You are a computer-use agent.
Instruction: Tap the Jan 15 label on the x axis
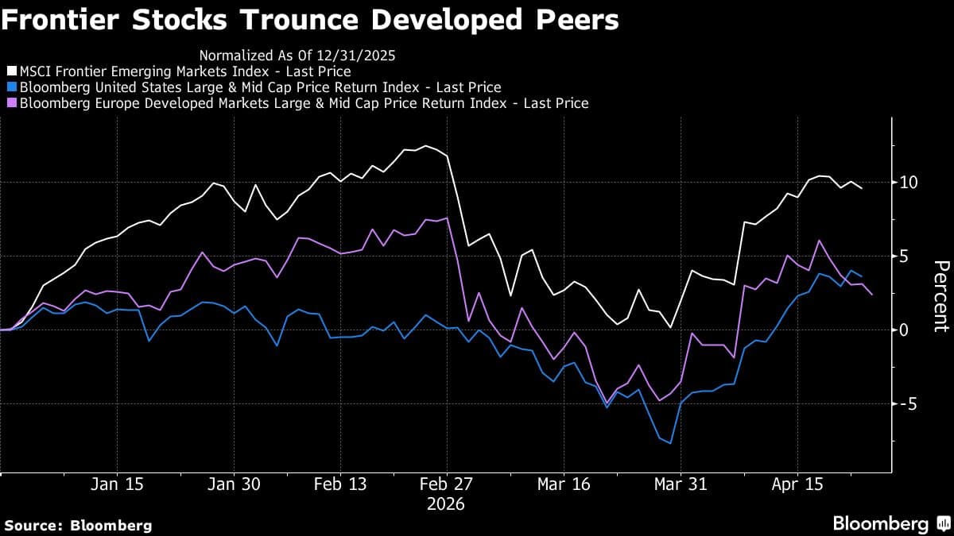point(117,484)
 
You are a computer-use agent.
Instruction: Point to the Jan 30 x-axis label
point(233,484)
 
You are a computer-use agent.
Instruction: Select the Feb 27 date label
point(446,484)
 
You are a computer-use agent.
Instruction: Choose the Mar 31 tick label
point(680,484)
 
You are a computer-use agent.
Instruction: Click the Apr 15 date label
point(797,484)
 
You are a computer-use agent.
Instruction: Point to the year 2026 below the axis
point(446,504)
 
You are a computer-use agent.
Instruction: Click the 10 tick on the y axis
point(909,183)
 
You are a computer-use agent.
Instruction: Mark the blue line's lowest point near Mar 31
point(670,443)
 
